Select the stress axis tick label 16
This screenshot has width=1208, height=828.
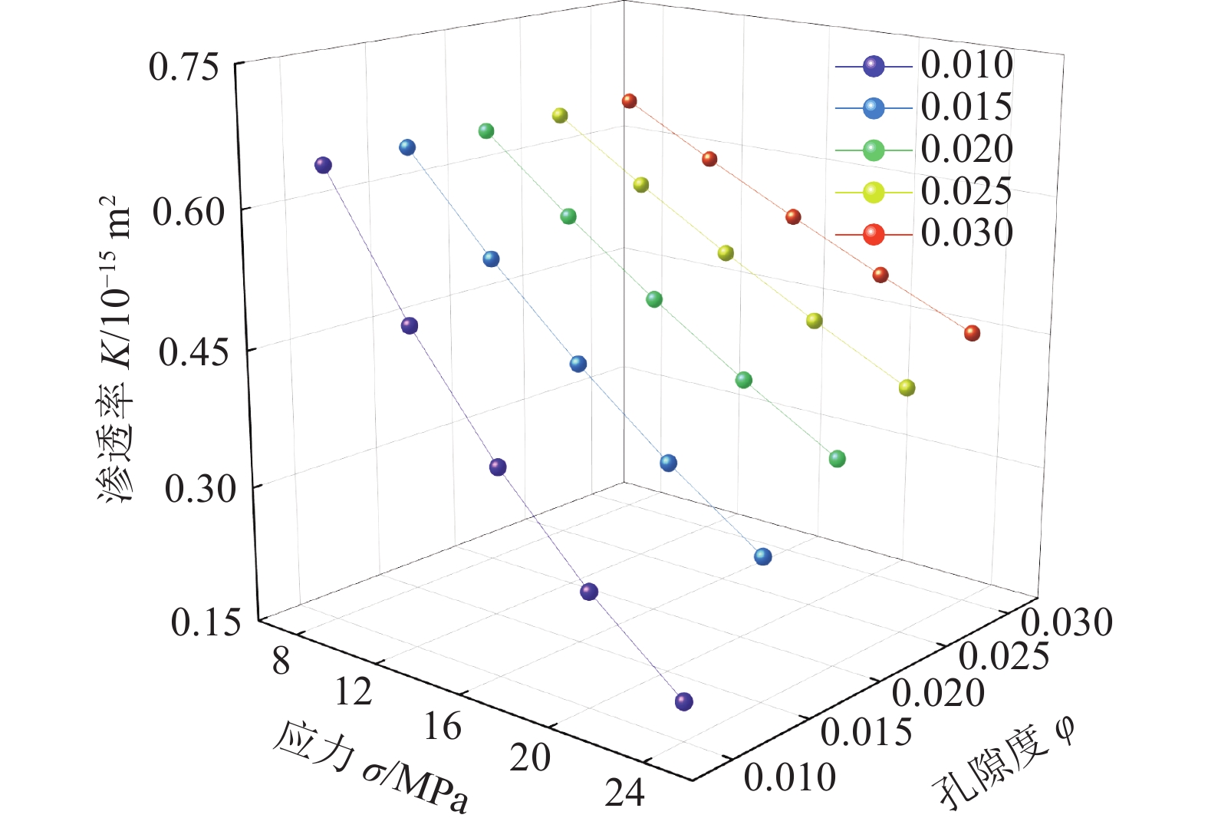pos(442,726)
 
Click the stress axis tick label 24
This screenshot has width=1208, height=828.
pos(624,793)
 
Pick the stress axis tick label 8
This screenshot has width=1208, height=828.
pos(281,661)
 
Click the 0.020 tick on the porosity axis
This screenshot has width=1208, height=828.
pos(938,693)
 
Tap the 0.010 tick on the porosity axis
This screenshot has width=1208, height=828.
pos(790,777)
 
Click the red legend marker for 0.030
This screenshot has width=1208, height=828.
pos(874,234)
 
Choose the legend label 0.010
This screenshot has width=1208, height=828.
pos(966,65)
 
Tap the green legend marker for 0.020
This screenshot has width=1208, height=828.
pos(874,150)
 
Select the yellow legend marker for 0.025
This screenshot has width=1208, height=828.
pos(874,193)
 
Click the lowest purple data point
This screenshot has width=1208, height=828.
pos(683,701)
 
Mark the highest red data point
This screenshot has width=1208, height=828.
pos(630,101)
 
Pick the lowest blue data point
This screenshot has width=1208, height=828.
pos(762,556)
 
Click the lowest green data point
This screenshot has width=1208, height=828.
pos(837,459)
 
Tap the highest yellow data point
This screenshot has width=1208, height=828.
pos(560,116)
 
